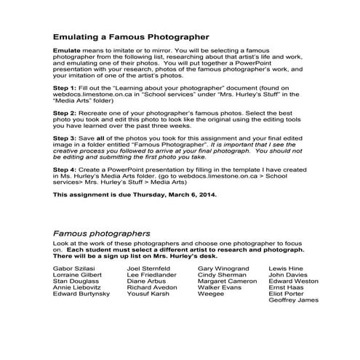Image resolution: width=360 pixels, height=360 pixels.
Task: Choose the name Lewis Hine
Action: pyautogui.click(x=285, y=268)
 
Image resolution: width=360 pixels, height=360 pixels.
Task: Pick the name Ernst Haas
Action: pyautogui.click(x=286, y=287)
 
